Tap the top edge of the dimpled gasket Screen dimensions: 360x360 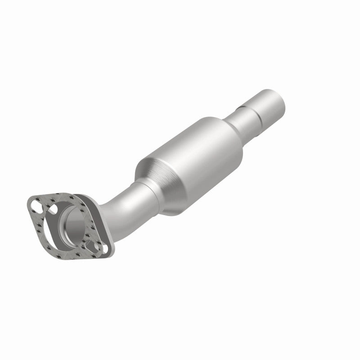coord(58,194)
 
